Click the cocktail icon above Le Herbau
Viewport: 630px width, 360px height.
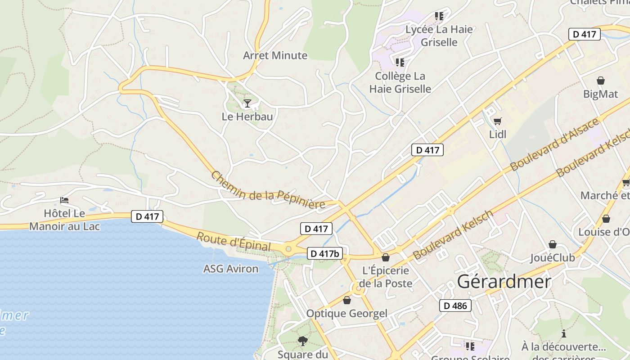247,103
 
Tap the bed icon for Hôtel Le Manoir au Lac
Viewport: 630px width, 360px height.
64,200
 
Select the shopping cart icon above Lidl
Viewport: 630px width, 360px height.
497,121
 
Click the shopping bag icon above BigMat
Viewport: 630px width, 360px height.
600,81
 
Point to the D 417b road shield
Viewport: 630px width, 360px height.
324,253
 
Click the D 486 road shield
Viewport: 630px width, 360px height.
455,306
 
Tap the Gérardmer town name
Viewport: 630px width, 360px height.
504,282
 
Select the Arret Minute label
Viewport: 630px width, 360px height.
275,55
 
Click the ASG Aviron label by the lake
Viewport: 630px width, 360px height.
231,269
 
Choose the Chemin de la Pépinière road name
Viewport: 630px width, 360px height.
268,190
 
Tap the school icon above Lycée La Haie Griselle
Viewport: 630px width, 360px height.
439,17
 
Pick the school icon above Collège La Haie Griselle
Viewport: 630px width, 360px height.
400,63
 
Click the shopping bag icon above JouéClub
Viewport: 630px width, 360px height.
552,244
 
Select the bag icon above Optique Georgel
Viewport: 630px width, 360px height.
346,300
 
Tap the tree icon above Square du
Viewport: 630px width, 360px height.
302,341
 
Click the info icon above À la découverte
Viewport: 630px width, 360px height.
563,333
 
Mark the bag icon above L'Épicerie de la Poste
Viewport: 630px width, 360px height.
385,257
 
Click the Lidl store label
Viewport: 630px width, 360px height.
498,134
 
